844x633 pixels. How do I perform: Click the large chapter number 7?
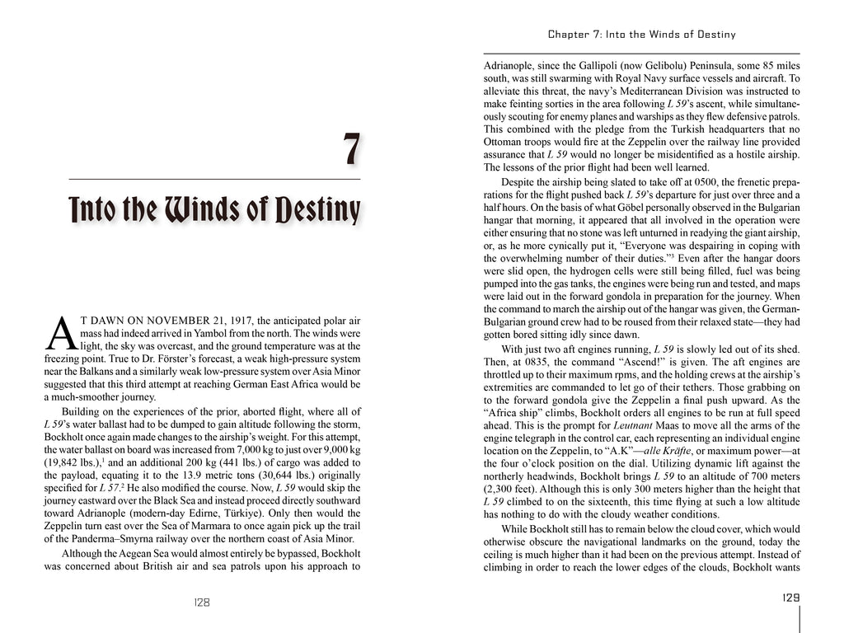pyautogui.click(x=351, y=150)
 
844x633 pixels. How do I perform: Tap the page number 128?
pyautogui.click(x=201, y=603)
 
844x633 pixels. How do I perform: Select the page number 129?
pyautogui.click(x=790, y=598)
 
